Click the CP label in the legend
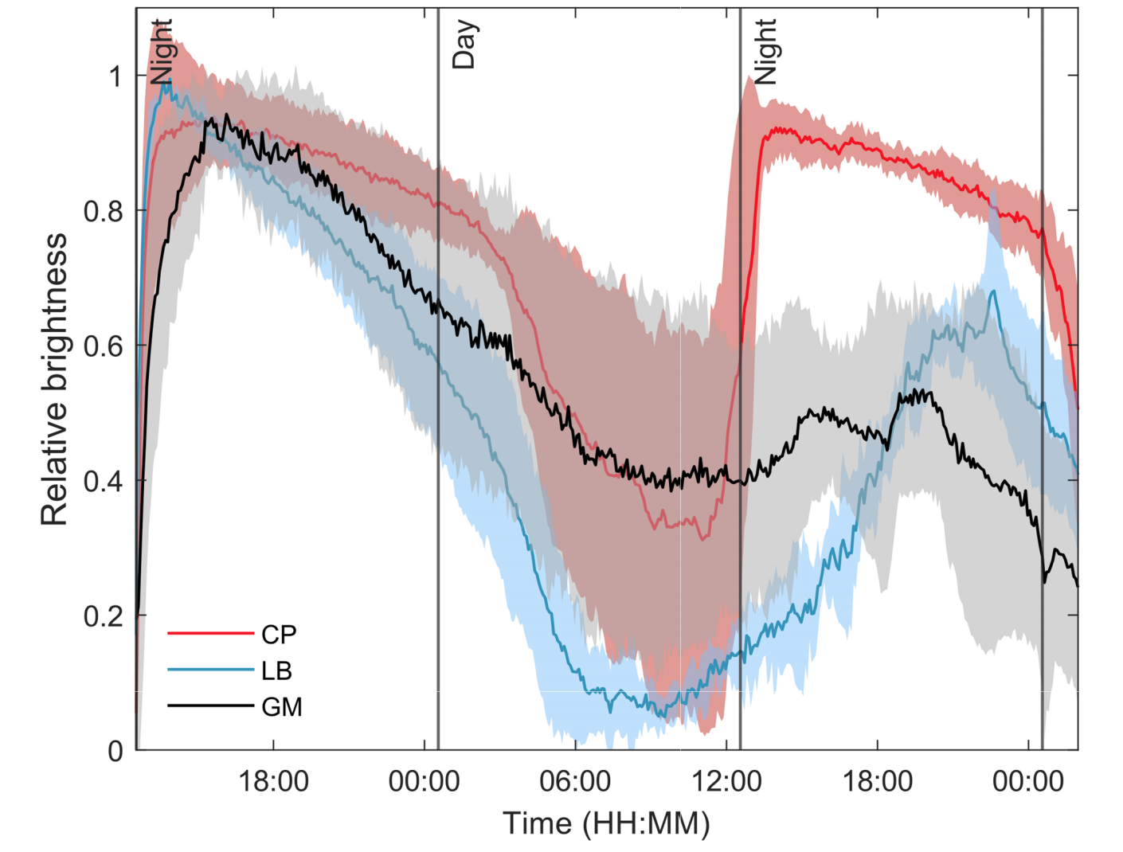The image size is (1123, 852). (x=279, y=635)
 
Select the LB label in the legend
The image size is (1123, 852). (x=276, y=671)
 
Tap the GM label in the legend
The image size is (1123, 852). (x=281, y=707)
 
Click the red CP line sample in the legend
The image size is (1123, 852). (x=209, y=634)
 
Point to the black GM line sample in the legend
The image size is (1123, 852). (x=209, y=705)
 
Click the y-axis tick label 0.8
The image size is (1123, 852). (x=104, y=211)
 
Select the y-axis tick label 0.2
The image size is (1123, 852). (x=104, y=616)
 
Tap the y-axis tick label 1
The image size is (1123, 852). (x=115, y=76)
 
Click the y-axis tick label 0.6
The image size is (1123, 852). (x=104, y=346)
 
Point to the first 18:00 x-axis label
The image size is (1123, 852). (x=273, y=782)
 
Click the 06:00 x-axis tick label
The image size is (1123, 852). (x=575, y=782)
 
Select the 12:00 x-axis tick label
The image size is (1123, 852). (x=726, y=782)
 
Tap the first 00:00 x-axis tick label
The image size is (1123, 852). (x=424, y=782)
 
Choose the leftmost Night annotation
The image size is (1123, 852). (x=162, y=53)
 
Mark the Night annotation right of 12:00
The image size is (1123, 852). (x=765, y=53)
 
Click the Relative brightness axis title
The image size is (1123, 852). (x=54, y=380)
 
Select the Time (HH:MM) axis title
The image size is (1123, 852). (x=605, y=824)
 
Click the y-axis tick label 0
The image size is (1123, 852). (x=115, y=751)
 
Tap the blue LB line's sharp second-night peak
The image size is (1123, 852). (x=992, y=291)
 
